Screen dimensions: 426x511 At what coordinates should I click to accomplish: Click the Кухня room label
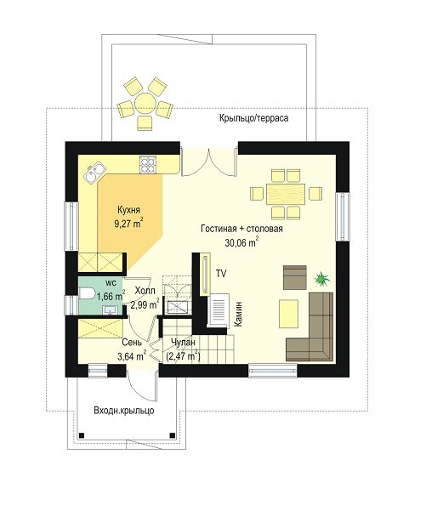128,209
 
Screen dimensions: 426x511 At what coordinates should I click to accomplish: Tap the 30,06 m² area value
241,242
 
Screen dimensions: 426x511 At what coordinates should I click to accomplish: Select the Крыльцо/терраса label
253,117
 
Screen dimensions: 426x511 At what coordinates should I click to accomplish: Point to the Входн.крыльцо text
124,411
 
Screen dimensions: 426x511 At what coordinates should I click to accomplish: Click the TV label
221,274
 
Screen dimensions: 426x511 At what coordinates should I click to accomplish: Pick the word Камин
238,314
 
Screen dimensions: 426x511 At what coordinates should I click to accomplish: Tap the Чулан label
183,342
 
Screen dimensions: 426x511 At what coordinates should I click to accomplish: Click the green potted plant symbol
321,279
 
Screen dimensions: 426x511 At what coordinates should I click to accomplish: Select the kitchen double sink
94,173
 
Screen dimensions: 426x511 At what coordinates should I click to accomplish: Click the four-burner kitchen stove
148,165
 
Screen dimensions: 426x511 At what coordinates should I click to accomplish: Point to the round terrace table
145,103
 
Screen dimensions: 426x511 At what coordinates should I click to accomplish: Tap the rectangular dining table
286,194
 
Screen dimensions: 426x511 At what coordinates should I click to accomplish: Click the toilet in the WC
86,293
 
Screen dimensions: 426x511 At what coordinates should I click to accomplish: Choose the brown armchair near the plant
295,277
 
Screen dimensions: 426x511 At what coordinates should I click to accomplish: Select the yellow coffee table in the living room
288,314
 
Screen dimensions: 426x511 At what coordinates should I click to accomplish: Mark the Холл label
145,291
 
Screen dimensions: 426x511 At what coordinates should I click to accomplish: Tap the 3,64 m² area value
131,355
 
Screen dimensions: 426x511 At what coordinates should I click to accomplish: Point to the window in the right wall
342,217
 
